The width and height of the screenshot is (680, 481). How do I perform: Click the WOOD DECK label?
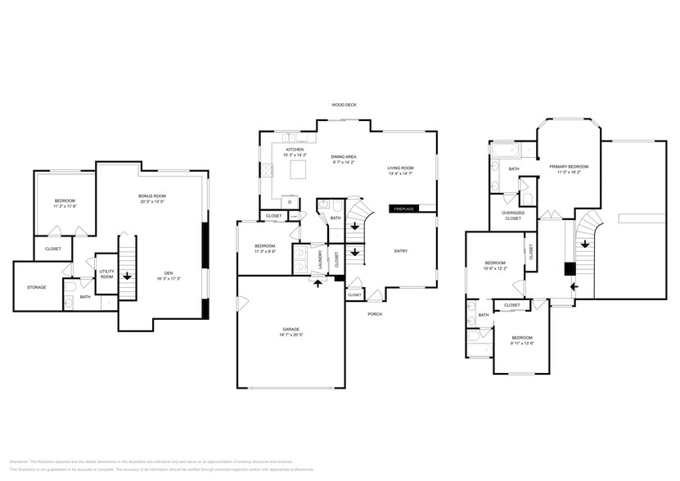(344, 105)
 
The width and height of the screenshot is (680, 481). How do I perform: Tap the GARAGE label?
(291, 330)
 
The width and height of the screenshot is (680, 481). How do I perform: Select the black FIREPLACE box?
(403, 209)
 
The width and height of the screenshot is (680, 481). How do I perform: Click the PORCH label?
(375, 314)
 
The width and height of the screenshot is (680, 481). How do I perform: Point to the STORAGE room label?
(36, 287)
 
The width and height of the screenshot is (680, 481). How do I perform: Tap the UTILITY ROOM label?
(106, 274)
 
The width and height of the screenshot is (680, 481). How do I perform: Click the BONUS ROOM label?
(151, 196)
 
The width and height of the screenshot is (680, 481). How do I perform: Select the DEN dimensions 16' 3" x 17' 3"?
(169, 279)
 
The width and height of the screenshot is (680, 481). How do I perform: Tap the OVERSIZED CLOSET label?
(512, 216)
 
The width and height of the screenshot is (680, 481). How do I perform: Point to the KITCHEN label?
(295, 150)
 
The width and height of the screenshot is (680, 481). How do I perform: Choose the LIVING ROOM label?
(400, 168)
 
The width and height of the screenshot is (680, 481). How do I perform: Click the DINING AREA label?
(343, 156)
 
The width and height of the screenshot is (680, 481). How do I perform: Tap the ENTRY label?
(401, 251)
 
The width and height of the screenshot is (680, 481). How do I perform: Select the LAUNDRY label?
(320, 259)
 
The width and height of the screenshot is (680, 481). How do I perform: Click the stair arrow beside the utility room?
(128, 277)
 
